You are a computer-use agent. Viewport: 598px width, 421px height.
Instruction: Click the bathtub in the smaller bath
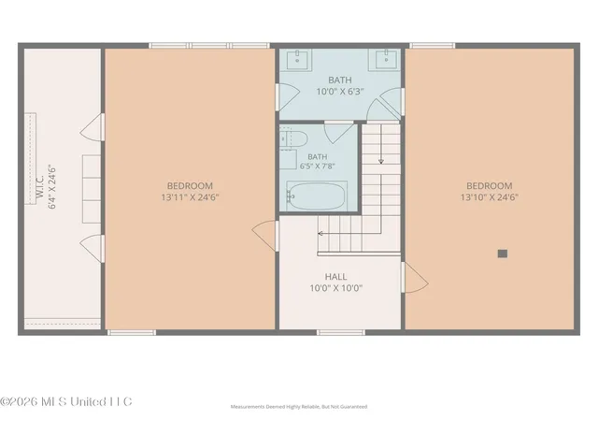317,196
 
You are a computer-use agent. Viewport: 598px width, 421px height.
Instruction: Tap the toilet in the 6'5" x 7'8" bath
293,138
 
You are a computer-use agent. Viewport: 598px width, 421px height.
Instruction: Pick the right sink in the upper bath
384,59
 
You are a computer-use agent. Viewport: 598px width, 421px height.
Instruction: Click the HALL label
336,277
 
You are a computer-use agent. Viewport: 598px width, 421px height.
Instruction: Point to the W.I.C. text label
41,187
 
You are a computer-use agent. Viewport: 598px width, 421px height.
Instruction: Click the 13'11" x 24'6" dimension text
190,197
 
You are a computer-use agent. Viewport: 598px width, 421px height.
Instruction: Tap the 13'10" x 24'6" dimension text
490,197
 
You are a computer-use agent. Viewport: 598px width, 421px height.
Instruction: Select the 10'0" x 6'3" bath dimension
340,92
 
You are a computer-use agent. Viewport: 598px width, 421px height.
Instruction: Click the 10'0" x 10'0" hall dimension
336,288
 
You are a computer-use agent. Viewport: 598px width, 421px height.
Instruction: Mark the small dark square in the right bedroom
503,254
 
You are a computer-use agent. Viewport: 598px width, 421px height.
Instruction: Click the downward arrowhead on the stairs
380,162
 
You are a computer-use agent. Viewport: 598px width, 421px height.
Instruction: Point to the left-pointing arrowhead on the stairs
320,233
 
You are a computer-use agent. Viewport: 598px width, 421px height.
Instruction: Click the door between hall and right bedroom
414,278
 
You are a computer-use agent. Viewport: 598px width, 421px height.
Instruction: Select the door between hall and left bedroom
265,236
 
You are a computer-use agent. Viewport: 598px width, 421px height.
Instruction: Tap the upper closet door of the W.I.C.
93,127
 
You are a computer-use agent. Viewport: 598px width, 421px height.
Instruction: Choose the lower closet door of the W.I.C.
93,248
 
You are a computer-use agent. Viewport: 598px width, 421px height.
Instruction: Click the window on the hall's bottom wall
341,333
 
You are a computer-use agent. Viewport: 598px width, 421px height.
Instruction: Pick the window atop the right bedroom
433,46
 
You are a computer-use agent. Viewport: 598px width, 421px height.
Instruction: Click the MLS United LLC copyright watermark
66,402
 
